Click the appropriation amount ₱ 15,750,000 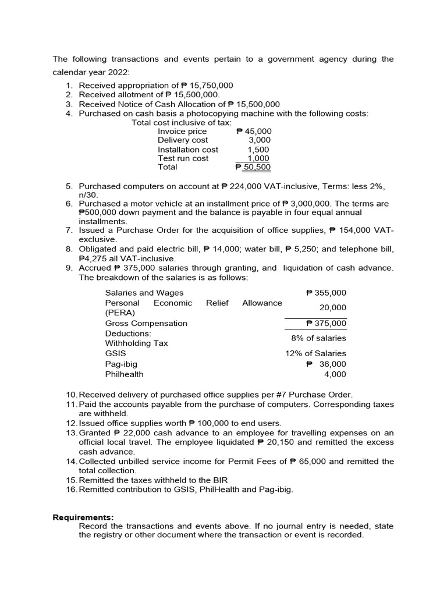[x=203, y=85]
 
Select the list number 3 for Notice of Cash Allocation [x=69, y=104]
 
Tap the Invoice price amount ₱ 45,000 [x=254, y=132]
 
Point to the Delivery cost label [x=182, y=140]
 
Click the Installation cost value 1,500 [x=259, y=150]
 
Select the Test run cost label [x=183, y=158]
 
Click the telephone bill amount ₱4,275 [x=96, y=258]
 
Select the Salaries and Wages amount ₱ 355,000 [x=326, y=293]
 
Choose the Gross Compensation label [x=146, y=323]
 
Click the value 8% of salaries [x=318, y=338]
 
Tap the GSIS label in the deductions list [x=115, y=353]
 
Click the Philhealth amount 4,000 [x=335, y=374]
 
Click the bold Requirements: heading [x=83, y=517]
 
